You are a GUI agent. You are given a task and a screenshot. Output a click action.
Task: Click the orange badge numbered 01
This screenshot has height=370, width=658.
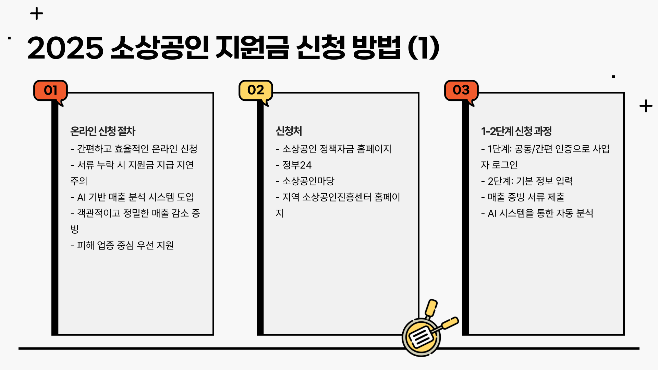pos(50,90)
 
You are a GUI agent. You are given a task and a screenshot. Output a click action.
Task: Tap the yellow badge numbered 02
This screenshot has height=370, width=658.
pos(256,90)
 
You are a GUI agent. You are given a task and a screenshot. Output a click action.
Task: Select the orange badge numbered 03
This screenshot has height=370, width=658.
pos(461,90)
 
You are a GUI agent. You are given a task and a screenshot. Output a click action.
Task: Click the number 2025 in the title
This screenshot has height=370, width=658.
pos(65,48)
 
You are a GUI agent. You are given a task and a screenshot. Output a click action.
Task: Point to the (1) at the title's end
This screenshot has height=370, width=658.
pos(424,48)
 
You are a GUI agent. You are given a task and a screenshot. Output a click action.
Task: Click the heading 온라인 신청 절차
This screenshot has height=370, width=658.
pos(103,131)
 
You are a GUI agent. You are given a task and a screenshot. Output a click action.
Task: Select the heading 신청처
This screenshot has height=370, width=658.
pos(289,131)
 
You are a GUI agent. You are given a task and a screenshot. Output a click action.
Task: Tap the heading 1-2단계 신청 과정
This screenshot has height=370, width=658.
pos(516,131)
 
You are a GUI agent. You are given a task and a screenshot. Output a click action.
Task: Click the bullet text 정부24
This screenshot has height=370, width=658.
pos(297,165)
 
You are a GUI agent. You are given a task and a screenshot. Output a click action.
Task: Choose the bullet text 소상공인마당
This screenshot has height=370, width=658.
pos(308,181)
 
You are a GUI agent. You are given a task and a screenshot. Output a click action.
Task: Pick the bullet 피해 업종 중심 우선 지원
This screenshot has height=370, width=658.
pos(125,245)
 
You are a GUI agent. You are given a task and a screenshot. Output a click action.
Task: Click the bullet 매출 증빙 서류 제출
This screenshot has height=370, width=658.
pos(526,197)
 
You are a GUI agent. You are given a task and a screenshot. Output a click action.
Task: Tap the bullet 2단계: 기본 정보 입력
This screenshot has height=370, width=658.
pos(530,181)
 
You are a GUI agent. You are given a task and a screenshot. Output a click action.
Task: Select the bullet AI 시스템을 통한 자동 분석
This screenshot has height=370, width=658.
pos(540,213)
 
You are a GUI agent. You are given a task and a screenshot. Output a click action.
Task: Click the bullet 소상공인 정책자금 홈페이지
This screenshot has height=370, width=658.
pos(337,149)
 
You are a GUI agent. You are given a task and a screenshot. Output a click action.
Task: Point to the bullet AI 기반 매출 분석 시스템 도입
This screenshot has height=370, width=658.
pos(135,197)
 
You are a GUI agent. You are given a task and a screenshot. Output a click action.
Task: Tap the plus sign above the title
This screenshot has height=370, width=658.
pos(37,14)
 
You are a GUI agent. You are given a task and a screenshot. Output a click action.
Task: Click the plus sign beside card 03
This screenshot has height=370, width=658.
pos(646,106)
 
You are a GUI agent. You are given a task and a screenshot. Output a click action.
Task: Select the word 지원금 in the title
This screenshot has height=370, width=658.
pos(252,48)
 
